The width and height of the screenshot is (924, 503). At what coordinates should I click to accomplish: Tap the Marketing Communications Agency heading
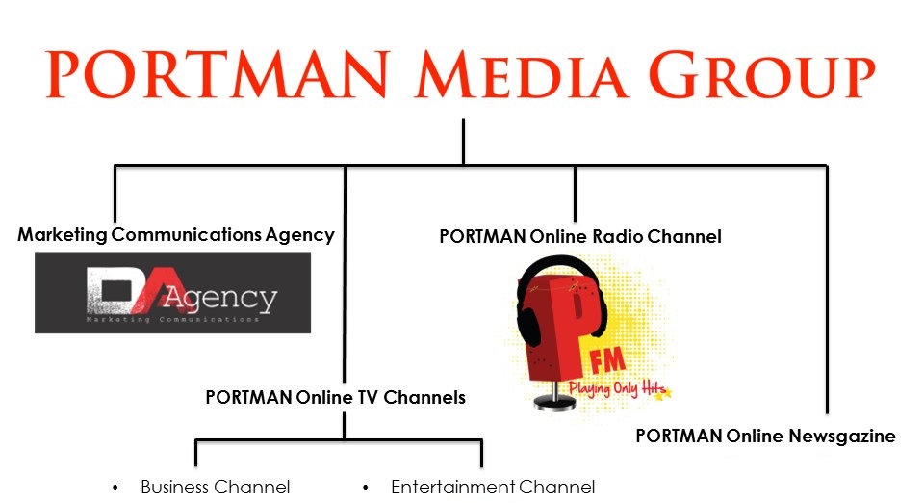[x=176, y=234]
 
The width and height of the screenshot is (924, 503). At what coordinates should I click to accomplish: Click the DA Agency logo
[x=173, y=293]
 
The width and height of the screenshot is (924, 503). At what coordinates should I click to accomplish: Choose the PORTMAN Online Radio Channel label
[x=579, y=236]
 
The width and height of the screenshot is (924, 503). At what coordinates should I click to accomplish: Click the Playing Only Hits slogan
[x=616, y=387]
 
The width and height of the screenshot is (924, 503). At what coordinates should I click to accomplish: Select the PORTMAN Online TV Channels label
[x=335, y=397]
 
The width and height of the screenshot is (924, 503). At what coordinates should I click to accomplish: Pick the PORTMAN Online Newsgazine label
[x=765, y=437]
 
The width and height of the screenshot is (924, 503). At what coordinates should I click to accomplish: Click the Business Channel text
[x=215, y=487]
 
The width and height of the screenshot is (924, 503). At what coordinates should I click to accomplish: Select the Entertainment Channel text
[x=493, y=487]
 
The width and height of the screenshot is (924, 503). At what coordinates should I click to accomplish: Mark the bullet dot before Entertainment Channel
[x=366, y=488]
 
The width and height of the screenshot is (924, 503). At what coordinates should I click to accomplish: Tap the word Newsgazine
[x=844, y=437]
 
